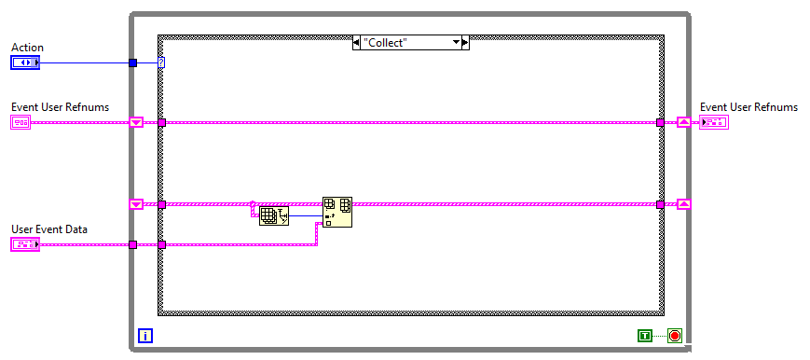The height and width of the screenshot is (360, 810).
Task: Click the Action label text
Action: [x=27, y=48]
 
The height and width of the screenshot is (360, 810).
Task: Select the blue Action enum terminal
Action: [x=25, y=62]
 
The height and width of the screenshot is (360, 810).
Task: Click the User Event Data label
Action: [x=48, y=228]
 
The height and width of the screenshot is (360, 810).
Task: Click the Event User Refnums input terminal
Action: [x=21, y=122]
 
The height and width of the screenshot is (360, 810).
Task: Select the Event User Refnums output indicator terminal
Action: [x=714, y=122]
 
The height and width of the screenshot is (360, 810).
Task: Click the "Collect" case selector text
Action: [x=385, y=42]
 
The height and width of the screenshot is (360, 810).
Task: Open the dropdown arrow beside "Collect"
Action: [x=457, y=42]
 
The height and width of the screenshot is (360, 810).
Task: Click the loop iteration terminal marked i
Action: [x=144, y=335]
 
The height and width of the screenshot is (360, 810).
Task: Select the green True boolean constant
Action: [x=645, y=335]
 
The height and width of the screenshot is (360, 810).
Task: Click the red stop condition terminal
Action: [x=674, y=335]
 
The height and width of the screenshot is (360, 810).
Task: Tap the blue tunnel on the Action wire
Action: [x=132, y=62]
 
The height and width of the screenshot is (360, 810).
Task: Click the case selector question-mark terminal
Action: [x=161, y=62]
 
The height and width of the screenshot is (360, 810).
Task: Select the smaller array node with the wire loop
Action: [x=273, y=215]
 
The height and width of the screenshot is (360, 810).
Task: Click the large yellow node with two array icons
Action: [x=336, y=212]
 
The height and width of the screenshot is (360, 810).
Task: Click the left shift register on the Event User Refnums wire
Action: [x=136, y=122]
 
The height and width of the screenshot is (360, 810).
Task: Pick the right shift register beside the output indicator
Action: [x=683, y=122]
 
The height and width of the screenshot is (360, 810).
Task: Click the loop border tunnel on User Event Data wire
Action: [x=132, y=244]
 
